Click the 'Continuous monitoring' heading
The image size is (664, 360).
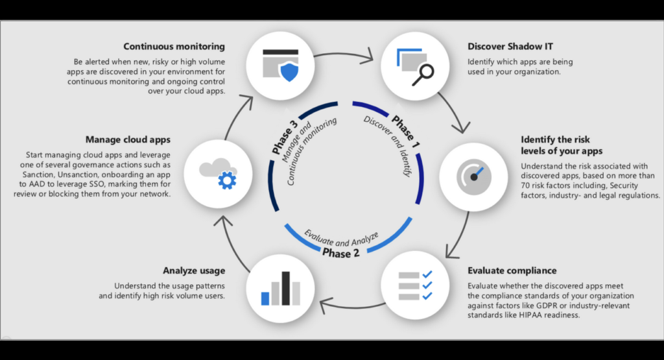point(174,47)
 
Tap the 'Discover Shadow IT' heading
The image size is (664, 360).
point(511,47)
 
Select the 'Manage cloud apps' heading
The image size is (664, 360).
point(128,139)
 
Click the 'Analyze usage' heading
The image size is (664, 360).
point(194,270)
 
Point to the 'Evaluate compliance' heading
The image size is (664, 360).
point(512,270)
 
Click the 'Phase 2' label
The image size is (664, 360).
point(340,252)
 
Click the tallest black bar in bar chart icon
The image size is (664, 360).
point(283,287)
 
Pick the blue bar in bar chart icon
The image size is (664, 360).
point(265,298)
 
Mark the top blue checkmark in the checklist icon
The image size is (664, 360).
point(427,274)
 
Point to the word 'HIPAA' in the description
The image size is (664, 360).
point(522,315)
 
